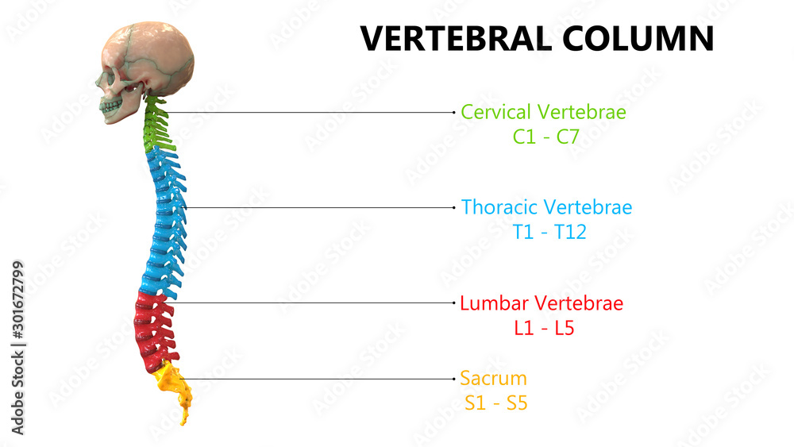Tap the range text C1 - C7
pyautogui.click(x=545, y=137)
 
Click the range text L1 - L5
pyautogui.click(x=544, y=327)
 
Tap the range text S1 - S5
pyautogui.click(x=496, y=403)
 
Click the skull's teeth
pyautogui.click(x=112, y=105)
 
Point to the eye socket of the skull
pyautogui.click(x=110, y=78)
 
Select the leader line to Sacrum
pyautogui.click(x=318, y=379)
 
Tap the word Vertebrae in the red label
pyautogui.click(x=579, y=303)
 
